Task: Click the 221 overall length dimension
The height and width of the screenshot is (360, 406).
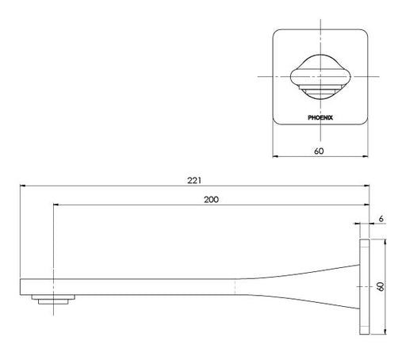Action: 193,180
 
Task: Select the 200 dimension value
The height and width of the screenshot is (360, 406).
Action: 211,199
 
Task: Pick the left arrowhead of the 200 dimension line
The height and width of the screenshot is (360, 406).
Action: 56,205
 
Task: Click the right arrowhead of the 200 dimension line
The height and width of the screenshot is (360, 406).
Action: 365,205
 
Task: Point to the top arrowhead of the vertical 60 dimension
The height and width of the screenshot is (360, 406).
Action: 384,242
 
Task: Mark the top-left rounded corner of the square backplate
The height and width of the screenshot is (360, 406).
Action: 278,34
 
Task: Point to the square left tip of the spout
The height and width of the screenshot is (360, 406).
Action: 21,285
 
